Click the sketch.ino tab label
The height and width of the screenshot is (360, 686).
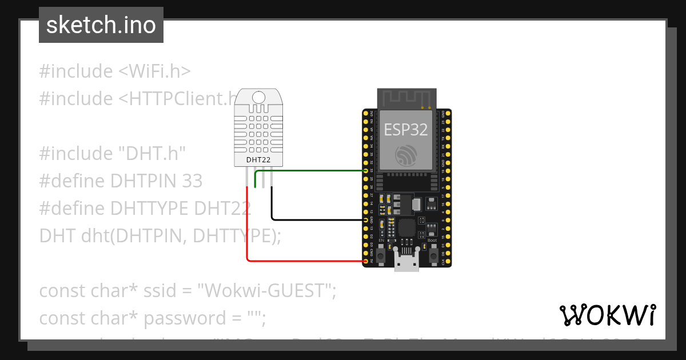101,25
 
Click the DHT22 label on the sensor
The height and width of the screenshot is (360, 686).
258,159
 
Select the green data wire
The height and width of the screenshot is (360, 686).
309,170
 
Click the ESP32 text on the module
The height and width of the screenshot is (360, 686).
405,130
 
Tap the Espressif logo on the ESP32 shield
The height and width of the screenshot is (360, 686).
406,154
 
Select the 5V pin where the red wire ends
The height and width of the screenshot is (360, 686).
366,261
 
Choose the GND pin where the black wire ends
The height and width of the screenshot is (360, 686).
366,219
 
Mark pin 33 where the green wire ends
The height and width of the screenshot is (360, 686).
366,170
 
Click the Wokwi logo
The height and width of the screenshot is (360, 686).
607,315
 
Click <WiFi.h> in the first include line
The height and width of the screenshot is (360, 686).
154,71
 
